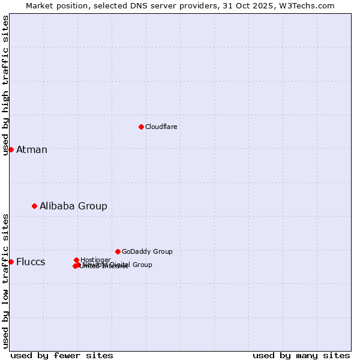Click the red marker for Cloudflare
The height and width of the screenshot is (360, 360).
(141, 127)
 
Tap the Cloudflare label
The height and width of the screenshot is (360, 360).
(161, 127)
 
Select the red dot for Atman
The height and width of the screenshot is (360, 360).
(11, 149)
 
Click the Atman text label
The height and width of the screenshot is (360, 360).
(31, 149)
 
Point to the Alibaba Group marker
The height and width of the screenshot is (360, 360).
(34, 206)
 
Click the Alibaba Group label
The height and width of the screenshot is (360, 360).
(73, 206)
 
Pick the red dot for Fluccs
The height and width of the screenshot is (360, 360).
(11, 262)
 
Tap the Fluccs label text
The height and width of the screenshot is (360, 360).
(30, 262)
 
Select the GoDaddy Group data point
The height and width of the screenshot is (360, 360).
(118, 251)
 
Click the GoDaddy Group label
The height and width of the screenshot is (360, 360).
(147, 251)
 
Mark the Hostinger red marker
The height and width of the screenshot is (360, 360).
(77, 260)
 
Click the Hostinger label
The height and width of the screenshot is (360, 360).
(95, 260)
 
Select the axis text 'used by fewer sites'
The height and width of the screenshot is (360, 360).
(62, 355)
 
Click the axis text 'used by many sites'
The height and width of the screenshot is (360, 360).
(301, 355)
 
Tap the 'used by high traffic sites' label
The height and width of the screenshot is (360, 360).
(5, 85)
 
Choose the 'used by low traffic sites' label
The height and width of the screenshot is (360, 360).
(5, 280)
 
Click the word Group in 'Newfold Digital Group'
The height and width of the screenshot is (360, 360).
(142, 265)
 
